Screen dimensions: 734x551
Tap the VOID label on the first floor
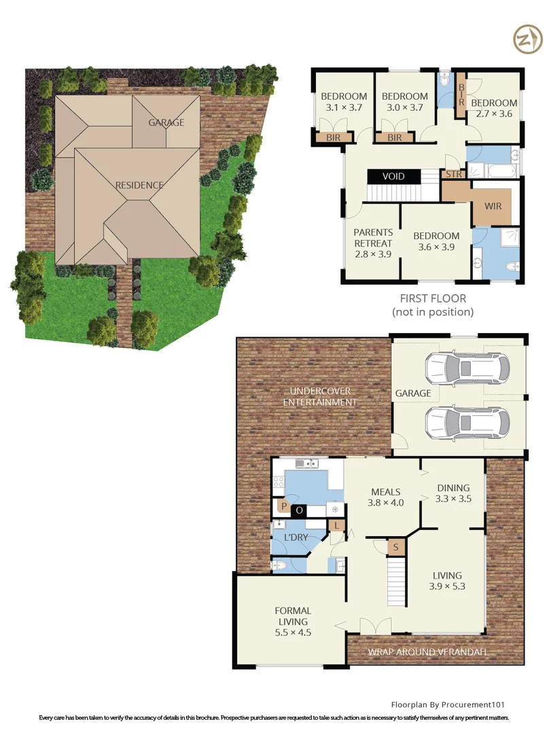(393, 176)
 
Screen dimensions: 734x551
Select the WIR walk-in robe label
(493, 205)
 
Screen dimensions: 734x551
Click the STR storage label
(452, 174)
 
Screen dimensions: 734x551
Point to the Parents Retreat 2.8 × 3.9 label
(373, 243)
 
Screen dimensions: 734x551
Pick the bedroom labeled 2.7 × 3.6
(494, 108)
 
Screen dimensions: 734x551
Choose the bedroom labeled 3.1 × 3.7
(343, 101)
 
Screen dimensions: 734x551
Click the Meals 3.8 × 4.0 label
(385, 497)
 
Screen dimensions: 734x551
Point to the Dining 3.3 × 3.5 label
(452, 492)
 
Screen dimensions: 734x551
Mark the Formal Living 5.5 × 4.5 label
(293, 621)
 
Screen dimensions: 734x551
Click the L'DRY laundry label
(296, 538)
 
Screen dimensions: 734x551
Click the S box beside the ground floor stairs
(395, 546)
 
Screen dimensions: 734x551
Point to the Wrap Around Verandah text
(427, 652)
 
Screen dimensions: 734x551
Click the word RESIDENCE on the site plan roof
(139, 185)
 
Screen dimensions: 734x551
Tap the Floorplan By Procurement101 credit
(448, 705)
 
